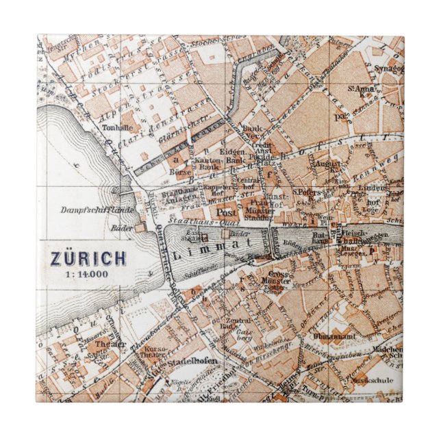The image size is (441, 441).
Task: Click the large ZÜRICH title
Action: coord(88,259)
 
